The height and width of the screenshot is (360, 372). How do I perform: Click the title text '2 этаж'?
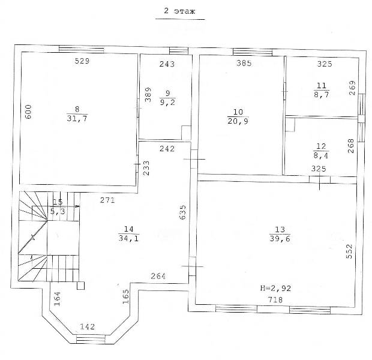(x=179, y=11)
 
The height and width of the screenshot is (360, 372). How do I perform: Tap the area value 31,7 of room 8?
(x=77, y=118)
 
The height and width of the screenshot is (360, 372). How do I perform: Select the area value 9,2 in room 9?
(x=168, y=102)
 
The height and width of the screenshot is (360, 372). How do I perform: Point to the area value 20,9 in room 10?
(x=238, y=121)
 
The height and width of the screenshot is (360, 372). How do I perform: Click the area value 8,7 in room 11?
(x=322, y=94)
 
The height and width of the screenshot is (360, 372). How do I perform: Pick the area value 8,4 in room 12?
(x=321, y=155)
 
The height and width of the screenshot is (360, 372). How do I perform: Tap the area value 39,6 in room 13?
(x=280, y=239)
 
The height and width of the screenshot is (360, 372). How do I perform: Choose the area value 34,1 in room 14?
(x=128, y=238)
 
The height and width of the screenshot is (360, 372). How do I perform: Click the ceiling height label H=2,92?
(x=275, y=289)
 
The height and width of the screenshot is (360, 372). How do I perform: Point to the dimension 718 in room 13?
(x=275, y=300)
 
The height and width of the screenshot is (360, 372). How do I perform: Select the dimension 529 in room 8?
(x=82, y=61)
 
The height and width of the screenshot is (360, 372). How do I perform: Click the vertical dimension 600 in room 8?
(x=28, y=112)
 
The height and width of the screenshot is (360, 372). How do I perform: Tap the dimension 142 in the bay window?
(x=87, y=327)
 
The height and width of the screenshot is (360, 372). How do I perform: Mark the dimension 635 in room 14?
(x=183, y=212)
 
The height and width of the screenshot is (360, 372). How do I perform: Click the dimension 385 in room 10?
(x=244, y=63)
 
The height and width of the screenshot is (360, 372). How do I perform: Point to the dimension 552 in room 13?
(x=349, y=251)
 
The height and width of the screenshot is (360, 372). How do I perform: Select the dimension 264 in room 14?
(x=158, y=276)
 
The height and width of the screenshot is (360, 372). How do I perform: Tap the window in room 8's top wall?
(x=82, y=49)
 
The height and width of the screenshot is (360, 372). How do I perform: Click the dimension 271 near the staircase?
(x=107, y=200)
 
